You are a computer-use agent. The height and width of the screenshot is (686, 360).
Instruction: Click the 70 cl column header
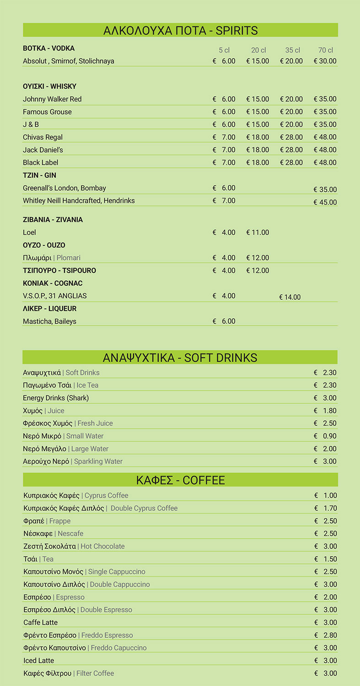tap(326, 50)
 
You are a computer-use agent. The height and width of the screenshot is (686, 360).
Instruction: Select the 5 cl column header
tap(224, 50)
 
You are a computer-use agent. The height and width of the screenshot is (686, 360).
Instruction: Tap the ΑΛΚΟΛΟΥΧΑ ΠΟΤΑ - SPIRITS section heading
tap(180, 31)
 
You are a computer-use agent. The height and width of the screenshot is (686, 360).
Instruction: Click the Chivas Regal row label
tap(43, 137)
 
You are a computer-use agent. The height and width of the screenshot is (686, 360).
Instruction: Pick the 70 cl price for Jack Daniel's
tap(325, 150)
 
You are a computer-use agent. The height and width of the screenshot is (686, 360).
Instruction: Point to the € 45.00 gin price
tap(325, 202)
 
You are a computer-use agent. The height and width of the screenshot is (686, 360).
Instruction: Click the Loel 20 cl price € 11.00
tap(258, 232)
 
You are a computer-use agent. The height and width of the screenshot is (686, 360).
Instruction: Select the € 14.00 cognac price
tap(290, 297)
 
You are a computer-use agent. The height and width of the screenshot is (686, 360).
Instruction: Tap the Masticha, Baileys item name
tap(49, 322)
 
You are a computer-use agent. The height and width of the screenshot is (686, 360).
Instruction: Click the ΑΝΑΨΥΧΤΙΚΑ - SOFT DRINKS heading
tap(180, 358)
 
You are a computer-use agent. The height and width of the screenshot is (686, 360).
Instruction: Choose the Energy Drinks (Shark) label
tap(56, 398)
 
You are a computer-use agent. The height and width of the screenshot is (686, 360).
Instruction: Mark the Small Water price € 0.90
tap(325, 436)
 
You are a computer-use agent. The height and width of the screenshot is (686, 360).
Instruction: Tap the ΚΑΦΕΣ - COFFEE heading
tap(180, 480)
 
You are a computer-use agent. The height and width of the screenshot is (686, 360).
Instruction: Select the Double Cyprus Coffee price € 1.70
tap(326, 508)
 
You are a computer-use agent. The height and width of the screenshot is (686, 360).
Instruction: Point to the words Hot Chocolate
tap(102, 547)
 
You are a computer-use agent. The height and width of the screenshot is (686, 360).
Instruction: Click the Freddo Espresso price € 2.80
tap(326, 635)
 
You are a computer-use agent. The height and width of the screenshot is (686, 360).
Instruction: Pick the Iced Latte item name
tap(39, 661)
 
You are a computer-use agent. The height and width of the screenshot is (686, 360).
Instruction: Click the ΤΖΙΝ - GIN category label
tap(39, 175)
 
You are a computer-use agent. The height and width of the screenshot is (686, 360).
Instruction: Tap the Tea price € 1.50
tap(326, 559)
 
